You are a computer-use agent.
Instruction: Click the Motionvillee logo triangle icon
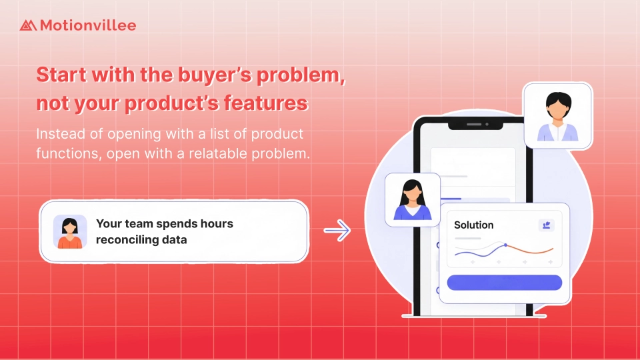(28, 25)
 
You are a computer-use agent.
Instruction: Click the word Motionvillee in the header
(88, 25)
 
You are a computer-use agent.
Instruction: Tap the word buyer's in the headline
(215, 75)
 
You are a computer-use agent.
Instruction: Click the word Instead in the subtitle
(61, 134)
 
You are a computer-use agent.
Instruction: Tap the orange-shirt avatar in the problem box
(70, 232)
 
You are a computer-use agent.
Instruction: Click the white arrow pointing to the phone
(337, 231)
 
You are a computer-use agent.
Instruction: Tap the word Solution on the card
(474, 225)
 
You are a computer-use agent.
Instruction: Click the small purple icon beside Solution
(546, 225)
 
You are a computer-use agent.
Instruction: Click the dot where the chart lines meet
(505, 245)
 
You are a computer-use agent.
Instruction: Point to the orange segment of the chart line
(531, 250)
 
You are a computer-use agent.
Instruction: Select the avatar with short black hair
(558, 116)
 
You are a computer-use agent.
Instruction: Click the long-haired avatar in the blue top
(413, 199)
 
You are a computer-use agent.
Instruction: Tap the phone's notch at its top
(475, 124)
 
